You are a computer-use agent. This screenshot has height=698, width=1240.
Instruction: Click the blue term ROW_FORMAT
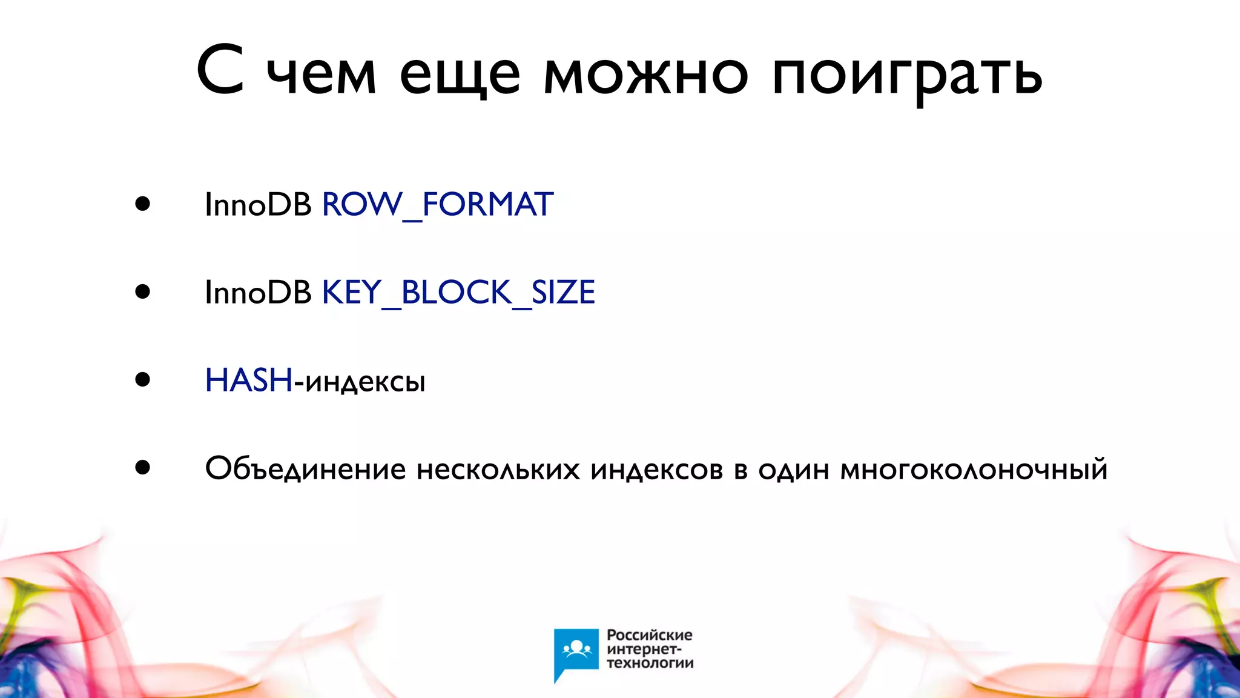point(437,205)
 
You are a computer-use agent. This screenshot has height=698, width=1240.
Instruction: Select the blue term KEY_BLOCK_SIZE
point(458,293)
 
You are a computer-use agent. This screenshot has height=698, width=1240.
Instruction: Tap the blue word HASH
point(248,381)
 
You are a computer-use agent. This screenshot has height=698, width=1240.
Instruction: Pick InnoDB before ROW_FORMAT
point(258,205)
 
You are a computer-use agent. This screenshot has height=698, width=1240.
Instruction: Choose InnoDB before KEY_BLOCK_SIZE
point(258,293)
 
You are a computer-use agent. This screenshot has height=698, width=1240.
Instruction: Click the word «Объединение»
point(305,469)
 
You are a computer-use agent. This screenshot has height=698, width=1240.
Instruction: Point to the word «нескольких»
point(498,469)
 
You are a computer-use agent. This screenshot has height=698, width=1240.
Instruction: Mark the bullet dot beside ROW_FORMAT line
point(143,204)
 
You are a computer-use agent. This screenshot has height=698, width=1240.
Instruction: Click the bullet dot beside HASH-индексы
point(143,380)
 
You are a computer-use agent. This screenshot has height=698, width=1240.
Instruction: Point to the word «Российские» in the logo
point(649,635)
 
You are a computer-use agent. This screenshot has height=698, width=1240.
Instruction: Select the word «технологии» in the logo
point(650,663)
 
